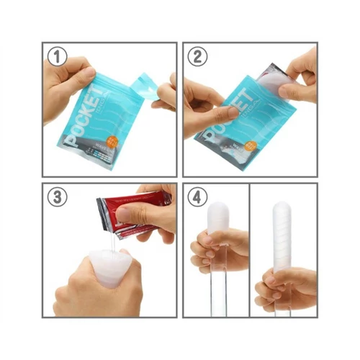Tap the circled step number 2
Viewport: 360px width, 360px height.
coord(197,55)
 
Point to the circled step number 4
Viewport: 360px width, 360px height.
coord(197,197)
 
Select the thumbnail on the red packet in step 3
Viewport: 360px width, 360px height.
coord(124,213)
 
